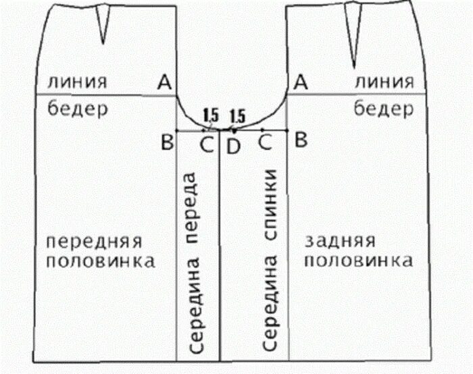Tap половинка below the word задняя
355,261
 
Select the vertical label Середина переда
197,263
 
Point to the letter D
233,144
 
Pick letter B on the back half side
302,142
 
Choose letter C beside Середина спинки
266,143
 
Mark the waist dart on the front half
103,26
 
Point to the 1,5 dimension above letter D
237,115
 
